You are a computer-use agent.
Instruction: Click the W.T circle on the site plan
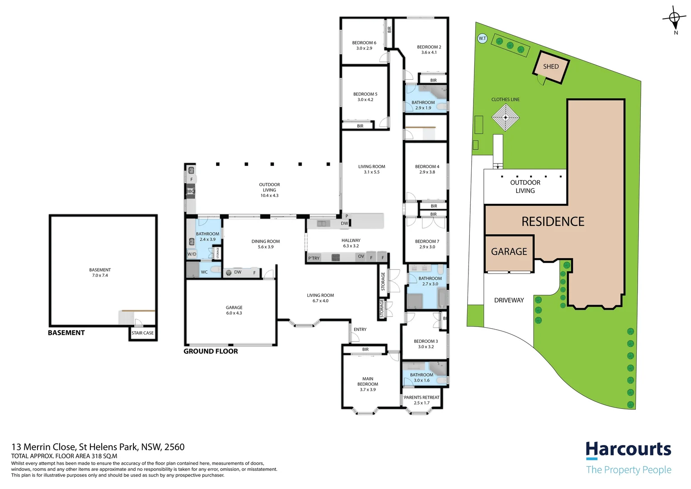tap(482, 38)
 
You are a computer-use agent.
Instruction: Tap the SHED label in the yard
tap(551, 67)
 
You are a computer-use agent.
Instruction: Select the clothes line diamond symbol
tap(505, 117)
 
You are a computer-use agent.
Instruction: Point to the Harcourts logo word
tap(629, 450)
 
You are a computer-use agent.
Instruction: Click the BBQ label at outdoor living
tap(190, 191)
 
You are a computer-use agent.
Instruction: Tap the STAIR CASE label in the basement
tap(142, 333)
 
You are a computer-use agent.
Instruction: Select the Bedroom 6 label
tap(364, 43)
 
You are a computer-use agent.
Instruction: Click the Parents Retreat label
tap(421, 397)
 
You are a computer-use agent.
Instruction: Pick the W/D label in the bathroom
tap(192, 254)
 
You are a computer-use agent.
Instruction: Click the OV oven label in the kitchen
tap(361, 256)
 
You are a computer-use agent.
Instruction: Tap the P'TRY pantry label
tap(314, 258)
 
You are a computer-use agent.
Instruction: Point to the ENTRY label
tap(360, 329)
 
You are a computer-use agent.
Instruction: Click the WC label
tap(204, 272)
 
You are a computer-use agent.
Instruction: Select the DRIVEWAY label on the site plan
tap(509, 300)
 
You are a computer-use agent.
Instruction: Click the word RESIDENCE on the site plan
tap(553, 221)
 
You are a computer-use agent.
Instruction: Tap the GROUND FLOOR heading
tap(211, 351)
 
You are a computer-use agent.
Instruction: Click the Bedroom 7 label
tap(427, 241)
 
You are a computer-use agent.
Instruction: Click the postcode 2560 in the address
tap(174, 447)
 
